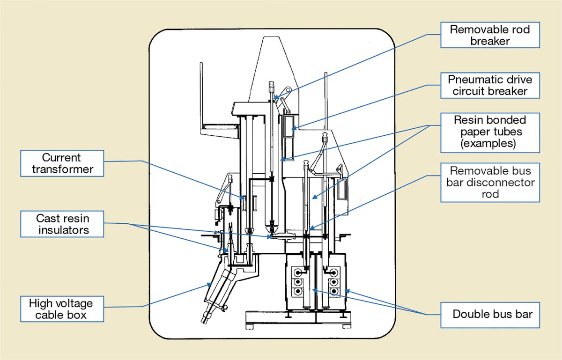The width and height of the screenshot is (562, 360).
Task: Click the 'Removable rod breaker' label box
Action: (x=490, y=35)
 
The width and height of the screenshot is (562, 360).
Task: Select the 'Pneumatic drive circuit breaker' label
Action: (x=490, y=85)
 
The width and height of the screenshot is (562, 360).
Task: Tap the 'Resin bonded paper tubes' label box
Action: (x=490, y=132)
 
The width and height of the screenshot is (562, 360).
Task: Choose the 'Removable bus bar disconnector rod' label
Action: (x=490, y=182)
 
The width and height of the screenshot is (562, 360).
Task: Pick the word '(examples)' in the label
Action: (x=490, y=143)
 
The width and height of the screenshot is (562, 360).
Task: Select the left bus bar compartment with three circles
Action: (x=298, y=281)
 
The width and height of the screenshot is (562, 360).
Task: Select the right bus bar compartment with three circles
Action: (x=333, y=281)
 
